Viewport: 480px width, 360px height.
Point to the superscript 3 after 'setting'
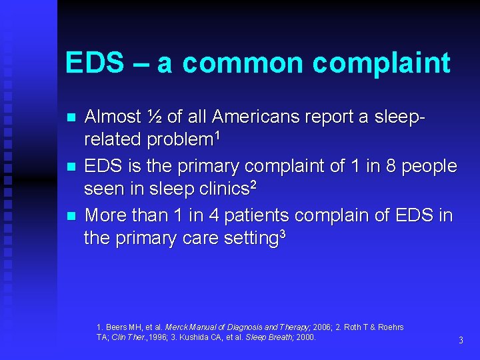[x=283, y=233]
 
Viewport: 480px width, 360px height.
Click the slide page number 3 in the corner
[x=461, y=341]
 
